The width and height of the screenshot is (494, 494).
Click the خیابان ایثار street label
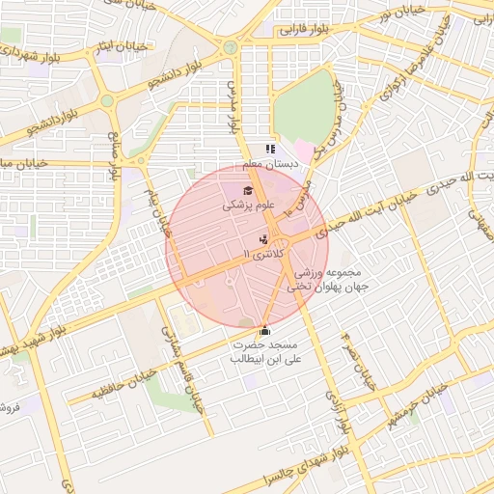[125, 45]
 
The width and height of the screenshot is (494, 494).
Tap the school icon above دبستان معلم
[270, 150]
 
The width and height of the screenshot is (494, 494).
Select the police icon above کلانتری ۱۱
[263, 238]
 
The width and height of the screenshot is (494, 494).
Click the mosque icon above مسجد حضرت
[265, 330]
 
